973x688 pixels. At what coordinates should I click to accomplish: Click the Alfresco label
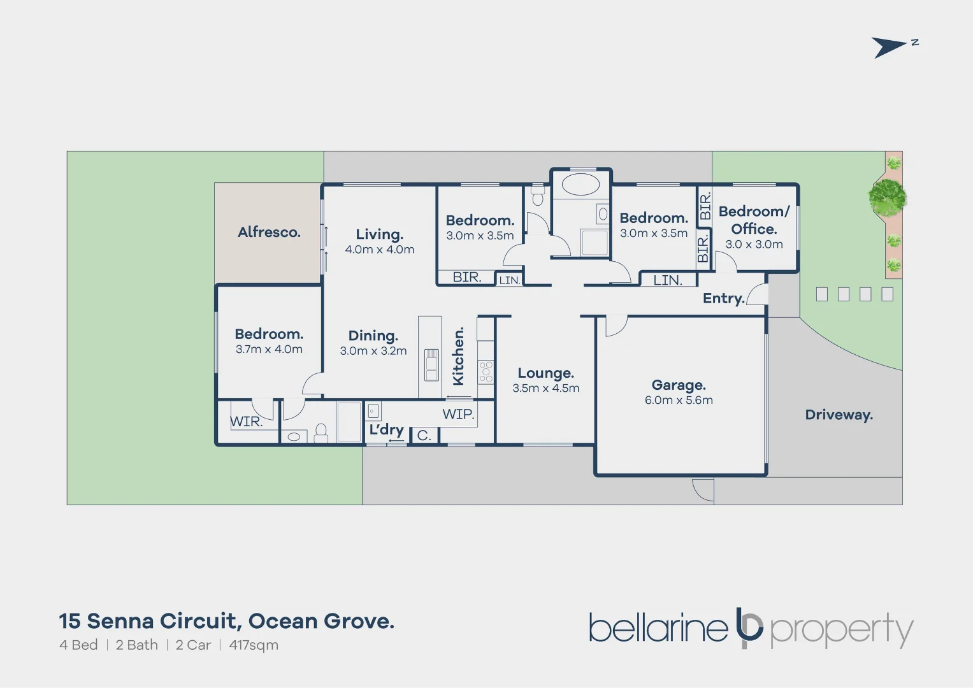(269, 233)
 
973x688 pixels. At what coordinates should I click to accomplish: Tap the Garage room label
(679, 385)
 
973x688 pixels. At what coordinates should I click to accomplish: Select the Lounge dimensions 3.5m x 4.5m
(546, 388)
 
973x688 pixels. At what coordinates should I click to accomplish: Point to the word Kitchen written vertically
(458, 356)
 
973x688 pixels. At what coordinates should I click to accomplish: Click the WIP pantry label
(458, 414)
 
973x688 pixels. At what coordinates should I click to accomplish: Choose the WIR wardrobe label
(246, 422)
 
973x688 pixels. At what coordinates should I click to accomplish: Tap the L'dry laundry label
(386, 429)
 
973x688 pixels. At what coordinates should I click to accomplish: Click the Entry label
(723, 298)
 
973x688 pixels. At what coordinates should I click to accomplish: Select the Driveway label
(839, 415)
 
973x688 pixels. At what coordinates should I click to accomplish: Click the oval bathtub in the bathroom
(581, 185)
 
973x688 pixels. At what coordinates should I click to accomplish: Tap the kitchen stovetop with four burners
(486, 371)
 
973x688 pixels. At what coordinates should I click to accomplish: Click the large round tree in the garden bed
(887, 197)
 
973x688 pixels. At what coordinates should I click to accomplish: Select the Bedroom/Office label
(754, 220)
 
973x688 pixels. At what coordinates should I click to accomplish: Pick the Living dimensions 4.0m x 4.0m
(380, 250)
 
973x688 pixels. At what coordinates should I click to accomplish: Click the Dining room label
(373, 336)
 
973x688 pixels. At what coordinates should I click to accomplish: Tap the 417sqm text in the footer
(254, 645)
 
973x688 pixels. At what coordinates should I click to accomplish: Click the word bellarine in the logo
(658, 628)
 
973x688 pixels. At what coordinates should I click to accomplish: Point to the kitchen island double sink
(431, 364)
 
